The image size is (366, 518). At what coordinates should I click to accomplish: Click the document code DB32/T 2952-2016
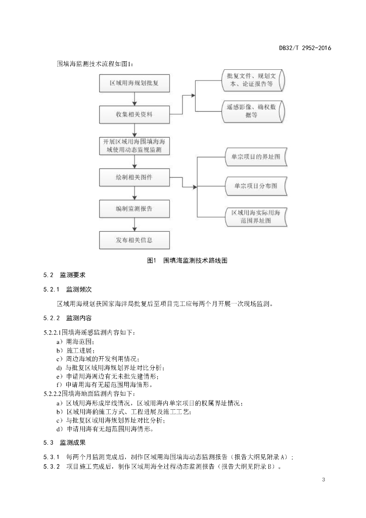tap(305, 48)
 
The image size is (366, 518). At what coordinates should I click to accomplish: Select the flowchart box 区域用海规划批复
tap(134, 83)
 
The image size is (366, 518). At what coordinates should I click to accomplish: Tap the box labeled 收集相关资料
tap(134, 115)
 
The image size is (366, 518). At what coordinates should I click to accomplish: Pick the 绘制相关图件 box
tap(134, 178)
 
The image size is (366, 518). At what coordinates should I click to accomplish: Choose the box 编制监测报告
tap(134, 209)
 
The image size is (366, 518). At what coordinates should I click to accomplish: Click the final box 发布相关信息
tap(134, 240)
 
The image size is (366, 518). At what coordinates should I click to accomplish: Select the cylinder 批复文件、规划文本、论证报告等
tap(253, 80)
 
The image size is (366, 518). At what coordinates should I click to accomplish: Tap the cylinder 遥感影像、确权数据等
tap(253, 111)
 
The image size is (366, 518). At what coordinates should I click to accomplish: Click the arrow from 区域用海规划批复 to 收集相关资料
tap(134, 99)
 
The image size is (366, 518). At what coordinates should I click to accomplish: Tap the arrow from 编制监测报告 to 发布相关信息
tap(134, 225)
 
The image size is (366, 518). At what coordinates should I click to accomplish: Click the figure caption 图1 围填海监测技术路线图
tap(187, 261)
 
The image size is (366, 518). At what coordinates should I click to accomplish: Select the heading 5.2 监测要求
tap(64, 275)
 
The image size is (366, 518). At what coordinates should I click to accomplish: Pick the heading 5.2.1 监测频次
tap(67, 289)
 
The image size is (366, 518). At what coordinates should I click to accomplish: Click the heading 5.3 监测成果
tap(64, 443)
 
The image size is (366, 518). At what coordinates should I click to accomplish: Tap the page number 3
tap(324, 480)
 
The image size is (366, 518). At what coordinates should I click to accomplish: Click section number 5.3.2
tap(52, 466)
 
